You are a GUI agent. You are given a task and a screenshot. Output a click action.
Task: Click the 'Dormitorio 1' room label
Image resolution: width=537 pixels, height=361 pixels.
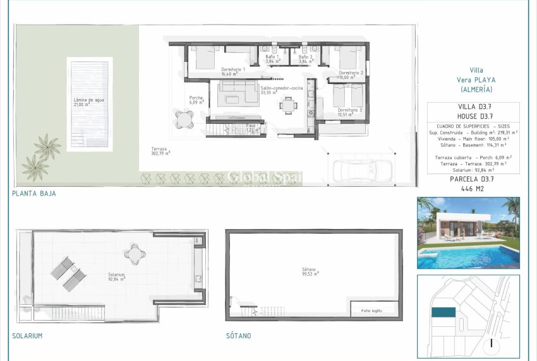tap(233, 69)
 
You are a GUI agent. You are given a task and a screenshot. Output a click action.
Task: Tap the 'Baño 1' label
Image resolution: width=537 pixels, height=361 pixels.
tap(272, 57)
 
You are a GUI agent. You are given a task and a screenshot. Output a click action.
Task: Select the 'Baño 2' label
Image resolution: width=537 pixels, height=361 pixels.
tap(306, 57)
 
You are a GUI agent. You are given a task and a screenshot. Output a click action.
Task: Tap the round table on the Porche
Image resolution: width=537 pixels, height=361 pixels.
tap(184, 117)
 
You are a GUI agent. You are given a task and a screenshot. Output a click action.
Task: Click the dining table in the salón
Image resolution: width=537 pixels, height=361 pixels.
tap(289, 105)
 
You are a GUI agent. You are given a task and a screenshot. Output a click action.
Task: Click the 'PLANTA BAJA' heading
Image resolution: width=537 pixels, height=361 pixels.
tap(33, 194)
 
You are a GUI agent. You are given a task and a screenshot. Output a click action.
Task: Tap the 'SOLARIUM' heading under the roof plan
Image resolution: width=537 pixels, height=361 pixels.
tap(27, 336)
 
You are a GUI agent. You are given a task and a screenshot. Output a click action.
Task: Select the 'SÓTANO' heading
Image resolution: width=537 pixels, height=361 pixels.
tap(238, 336)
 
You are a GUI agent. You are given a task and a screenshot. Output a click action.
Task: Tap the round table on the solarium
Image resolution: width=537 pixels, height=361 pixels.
tap(135, 253)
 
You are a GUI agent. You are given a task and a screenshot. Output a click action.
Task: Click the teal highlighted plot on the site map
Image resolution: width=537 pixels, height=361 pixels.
tap(443, 312)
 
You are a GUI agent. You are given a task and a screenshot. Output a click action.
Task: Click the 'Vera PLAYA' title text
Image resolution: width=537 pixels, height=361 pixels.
tap(476, 80)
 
